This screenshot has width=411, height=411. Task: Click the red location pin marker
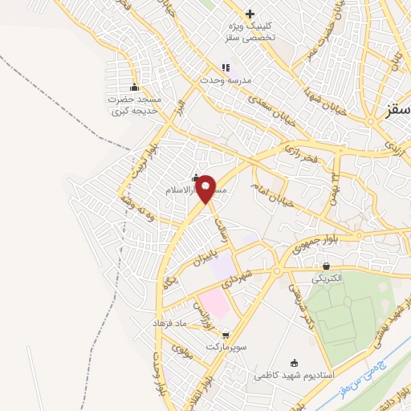pyautogui.click(x=206, y=187)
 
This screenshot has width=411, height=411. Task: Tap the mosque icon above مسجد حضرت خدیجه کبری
pyautogui.click(x=133, y=87)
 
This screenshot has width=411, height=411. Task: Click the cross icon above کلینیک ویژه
pyautogui.click(x=250, y=14)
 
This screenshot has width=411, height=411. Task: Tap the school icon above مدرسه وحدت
pyautogui.click(x=226, y=67)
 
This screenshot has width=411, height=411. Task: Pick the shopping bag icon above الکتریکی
pyautogui.click(x=326, y=265)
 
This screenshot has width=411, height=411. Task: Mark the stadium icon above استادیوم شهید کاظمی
pyautogui.click(x=293, y=361)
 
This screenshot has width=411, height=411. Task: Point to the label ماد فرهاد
pyautogui.click(x=169, y=322)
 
